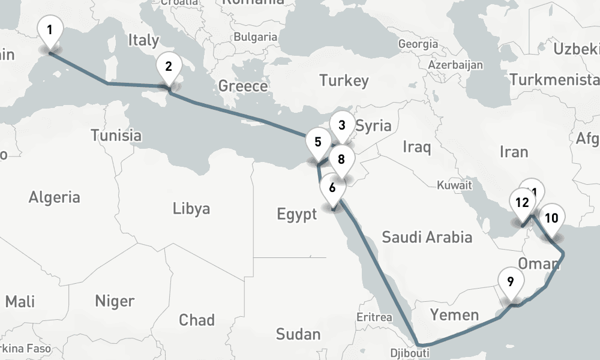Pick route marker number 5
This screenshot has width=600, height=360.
point(317,143)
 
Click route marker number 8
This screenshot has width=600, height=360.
point(341,160)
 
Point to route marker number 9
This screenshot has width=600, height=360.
point(510,281)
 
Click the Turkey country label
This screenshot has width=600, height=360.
point(343,80)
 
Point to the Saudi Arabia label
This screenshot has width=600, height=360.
point(427,237)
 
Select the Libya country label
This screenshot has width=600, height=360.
point(191,208)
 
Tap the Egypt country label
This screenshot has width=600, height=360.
point(296,214)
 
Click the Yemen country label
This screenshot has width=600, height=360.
point(454,314)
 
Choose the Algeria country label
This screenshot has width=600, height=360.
point(55,196)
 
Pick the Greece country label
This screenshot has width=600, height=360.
point(243,86)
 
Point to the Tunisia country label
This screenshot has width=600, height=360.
point(116,136)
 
